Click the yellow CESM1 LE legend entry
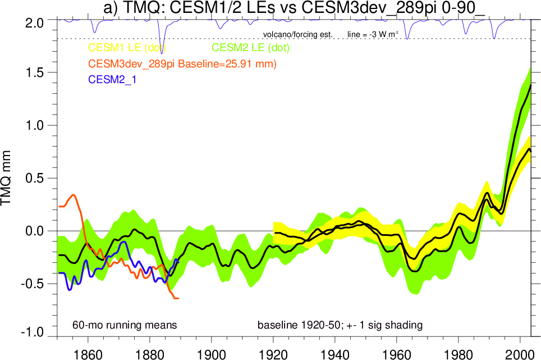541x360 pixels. [x=126, y=48]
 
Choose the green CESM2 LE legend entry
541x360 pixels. [x=250, y=48]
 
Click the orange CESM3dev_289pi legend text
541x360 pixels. [x=182, y=65]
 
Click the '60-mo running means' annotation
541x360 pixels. [x=125, y=325]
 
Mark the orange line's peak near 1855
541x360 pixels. [x=74, y=195]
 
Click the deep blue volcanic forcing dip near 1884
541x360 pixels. [x=162, y=52]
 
